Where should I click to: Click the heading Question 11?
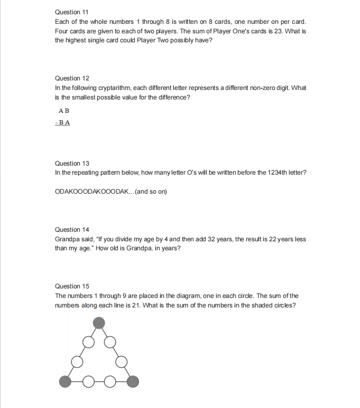click(x=68, y=12)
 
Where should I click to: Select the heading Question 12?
click(x=68, y=78)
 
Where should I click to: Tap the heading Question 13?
click(x=68, y=164)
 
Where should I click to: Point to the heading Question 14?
click(x=68, y=230)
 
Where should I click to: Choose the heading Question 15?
click(x=68, y=286)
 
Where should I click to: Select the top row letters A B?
click(x=63, y=111)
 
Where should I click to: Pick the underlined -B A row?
click(x=63, y=123)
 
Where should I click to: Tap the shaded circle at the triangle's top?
click(x=99, y=322)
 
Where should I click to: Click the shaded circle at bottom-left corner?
click(x=64, y=379)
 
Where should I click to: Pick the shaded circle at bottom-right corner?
click(x=133, y=379)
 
